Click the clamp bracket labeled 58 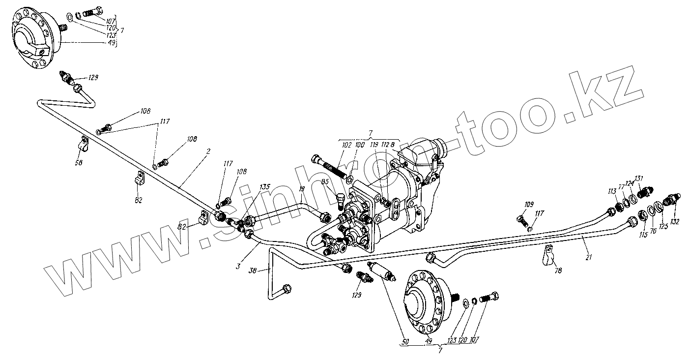[x=84, y=144]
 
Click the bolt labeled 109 [x=521, y=218]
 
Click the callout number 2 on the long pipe [x=208, y=152]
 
